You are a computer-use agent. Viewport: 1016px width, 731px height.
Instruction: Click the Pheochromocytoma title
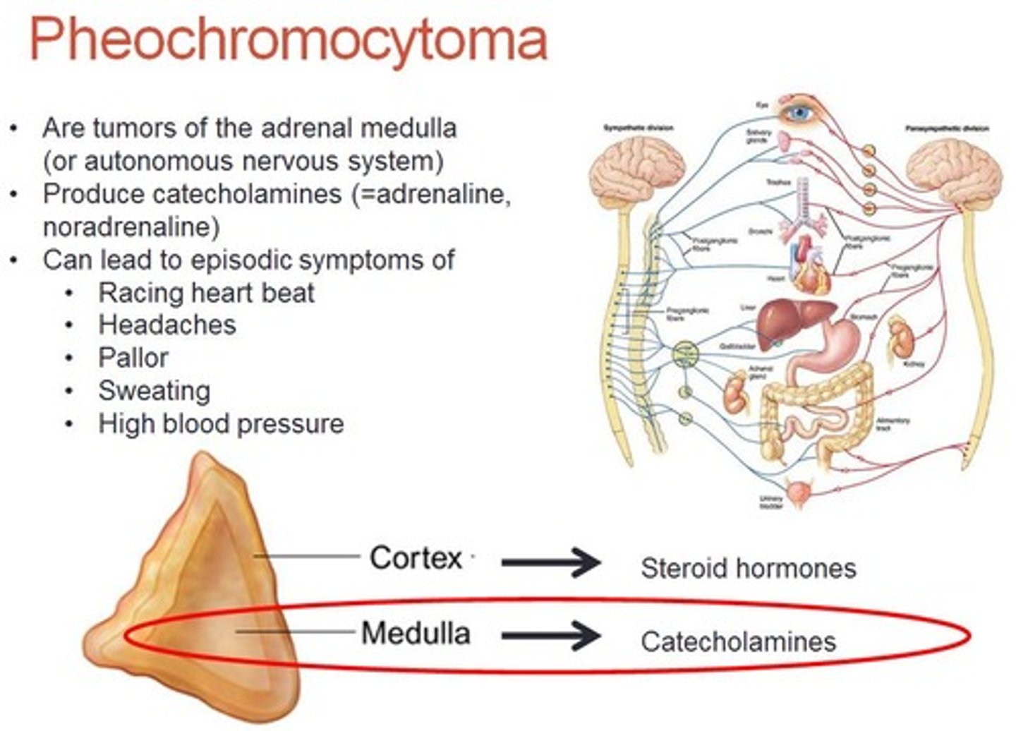pos(288,40)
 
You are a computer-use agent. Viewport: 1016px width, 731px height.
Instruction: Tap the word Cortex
pos(416,558)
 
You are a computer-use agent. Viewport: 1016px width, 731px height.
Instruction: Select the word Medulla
pos(416,633)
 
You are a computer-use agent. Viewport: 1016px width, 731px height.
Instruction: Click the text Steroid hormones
pos(748,568)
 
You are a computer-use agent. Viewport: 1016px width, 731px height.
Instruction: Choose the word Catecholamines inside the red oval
pos(738,641)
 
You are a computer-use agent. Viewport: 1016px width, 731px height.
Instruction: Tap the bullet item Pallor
pos(133,358)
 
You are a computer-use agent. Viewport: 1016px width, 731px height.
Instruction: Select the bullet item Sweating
pos(154,390)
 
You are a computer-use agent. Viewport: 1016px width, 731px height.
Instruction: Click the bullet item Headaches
pos(167,325)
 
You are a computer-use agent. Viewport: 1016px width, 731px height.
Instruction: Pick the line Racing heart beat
pos(206,292)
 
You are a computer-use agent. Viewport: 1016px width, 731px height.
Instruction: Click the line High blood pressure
pos(221,423)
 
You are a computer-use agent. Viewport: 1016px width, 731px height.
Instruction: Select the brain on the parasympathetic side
pos(954,171)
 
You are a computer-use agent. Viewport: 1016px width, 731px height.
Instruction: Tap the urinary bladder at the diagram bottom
pos(799,493)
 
